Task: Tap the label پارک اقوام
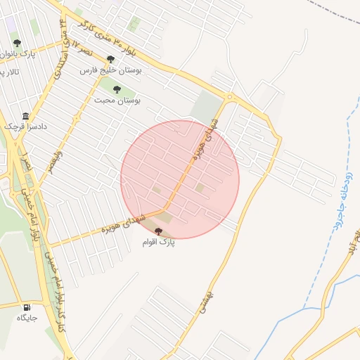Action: click(x=157, y=242)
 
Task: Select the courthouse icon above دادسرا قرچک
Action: click(x=26, y=116)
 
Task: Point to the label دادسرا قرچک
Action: click(x=21, y=126)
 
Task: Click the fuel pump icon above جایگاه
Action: click(x=27, y=307)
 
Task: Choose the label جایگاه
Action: click(x=27, y=318)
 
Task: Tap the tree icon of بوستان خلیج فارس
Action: click(x=110, y=60)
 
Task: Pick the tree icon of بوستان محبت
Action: click(x=117, y=89)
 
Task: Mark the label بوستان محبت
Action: click(x=117, y=101)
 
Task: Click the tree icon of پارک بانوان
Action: click(x=16, y=43)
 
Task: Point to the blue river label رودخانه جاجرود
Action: click(x=336, y=190)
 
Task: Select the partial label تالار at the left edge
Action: click(x=8, y=72)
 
